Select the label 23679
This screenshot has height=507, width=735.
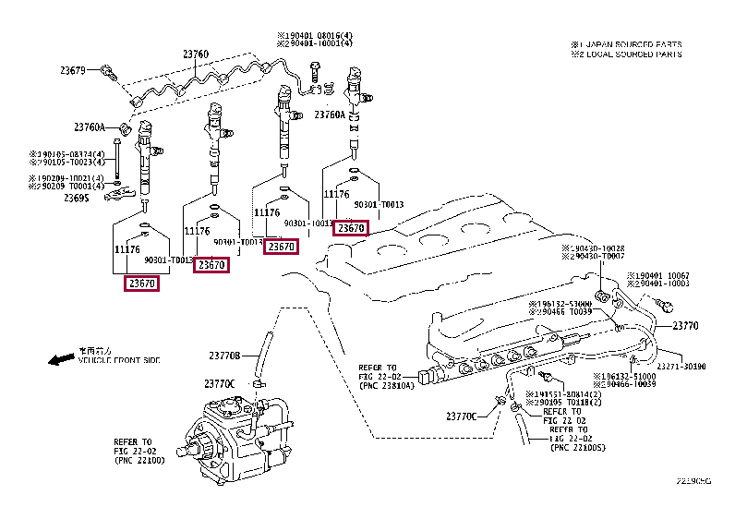click(x=73, y=71)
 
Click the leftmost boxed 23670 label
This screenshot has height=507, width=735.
click(x=141, y=284)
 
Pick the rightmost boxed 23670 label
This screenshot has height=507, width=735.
click(x=351, y=228)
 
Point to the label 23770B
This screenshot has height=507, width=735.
click(x=223, y=356)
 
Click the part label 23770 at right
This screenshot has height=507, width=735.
click(x=685, y=326)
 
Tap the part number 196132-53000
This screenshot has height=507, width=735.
click(x=563, y=304)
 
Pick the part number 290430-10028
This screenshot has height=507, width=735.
click(x=593, y=249)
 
